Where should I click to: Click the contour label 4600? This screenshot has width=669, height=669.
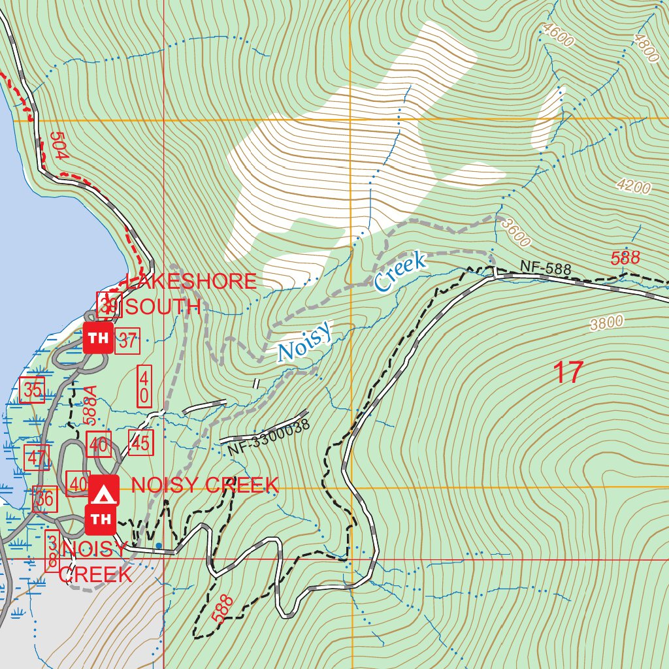pyautogui.click(x=557, y=36)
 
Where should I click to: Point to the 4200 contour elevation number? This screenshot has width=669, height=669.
pyautogui.click(x=634, y=188)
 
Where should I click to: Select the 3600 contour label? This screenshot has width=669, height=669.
pyautogui.click(x=516, y=233)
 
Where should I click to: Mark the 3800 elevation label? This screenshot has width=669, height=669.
pyautogui.click(x=606, y=323)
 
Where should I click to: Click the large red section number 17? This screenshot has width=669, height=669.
pyautogui.click(x=567, y=372)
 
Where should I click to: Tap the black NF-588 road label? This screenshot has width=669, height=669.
pyautogui.click(x=546, y=268)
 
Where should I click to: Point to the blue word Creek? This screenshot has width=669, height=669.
pyautogui.click(x=400, y=272)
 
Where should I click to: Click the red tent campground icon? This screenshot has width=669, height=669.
pyautogui.click(x=103, y=491)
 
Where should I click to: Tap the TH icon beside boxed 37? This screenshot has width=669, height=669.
pyautogui.click(x=98, y=338)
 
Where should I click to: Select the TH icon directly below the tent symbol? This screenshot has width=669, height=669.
pyautogui.click(x=101, y=519)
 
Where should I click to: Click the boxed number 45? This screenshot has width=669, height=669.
pyautogui.click(x=140, y=442)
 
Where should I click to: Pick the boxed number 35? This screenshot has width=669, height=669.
pyautogui.click(x=32, y=390)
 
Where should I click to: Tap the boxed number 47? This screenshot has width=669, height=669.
pyautogui.click(x=37, y=457)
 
